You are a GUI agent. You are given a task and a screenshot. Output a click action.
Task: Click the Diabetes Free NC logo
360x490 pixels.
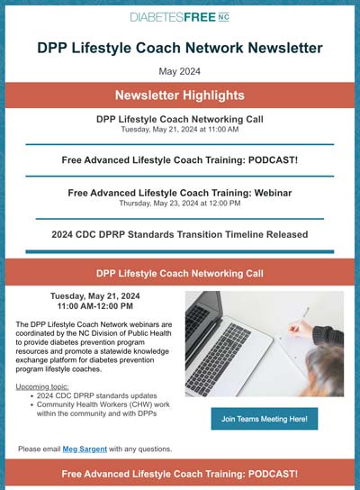(x=179, y=18)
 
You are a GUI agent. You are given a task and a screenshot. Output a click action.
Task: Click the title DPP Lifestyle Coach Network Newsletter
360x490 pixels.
(x=179, y=48)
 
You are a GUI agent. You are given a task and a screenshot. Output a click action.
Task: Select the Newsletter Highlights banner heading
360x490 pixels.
(x=179, y=95)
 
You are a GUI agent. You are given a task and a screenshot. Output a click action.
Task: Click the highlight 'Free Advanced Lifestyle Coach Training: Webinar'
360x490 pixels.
(x=179, y=192)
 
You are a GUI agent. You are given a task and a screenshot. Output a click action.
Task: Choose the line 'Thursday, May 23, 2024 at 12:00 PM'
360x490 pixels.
(x=179, y=204)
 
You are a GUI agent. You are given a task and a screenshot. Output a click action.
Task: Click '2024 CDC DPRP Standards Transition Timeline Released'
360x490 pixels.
(x=179, y=234)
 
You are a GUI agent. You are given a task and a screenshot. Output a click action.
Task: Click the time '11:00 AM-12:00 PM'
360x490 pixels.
(x=92, y=305)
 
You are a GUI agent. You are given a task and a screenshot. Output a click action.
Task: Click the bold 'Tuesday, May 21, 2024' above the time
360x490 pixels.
(x=92, y=295)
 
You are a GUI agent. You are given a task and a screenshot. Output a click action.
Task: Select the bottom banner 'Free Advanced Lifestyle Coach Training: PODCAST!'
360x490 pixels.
(x=179, y=473)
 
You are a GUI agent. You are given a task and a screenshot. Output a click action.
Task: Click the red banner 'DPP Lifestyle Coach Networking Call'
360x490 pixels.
(x=179, y=271)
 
